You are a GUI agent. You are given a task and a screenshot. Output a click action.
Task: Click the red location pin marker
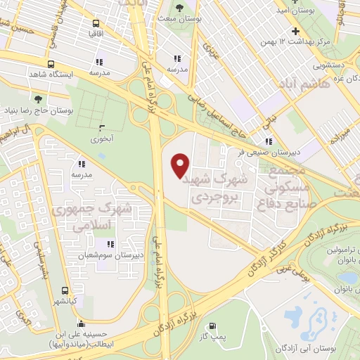pos(181,166)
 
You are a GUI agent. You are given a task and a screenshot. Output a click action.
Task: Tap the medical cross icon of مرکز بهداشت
pos(296,31)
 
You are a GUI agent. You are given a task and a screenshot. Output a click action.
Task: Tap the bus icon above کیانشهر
pos(65,290)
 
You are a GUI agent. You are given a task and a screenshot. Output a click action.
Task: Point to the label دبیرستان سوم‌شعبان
pos(110,255)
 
